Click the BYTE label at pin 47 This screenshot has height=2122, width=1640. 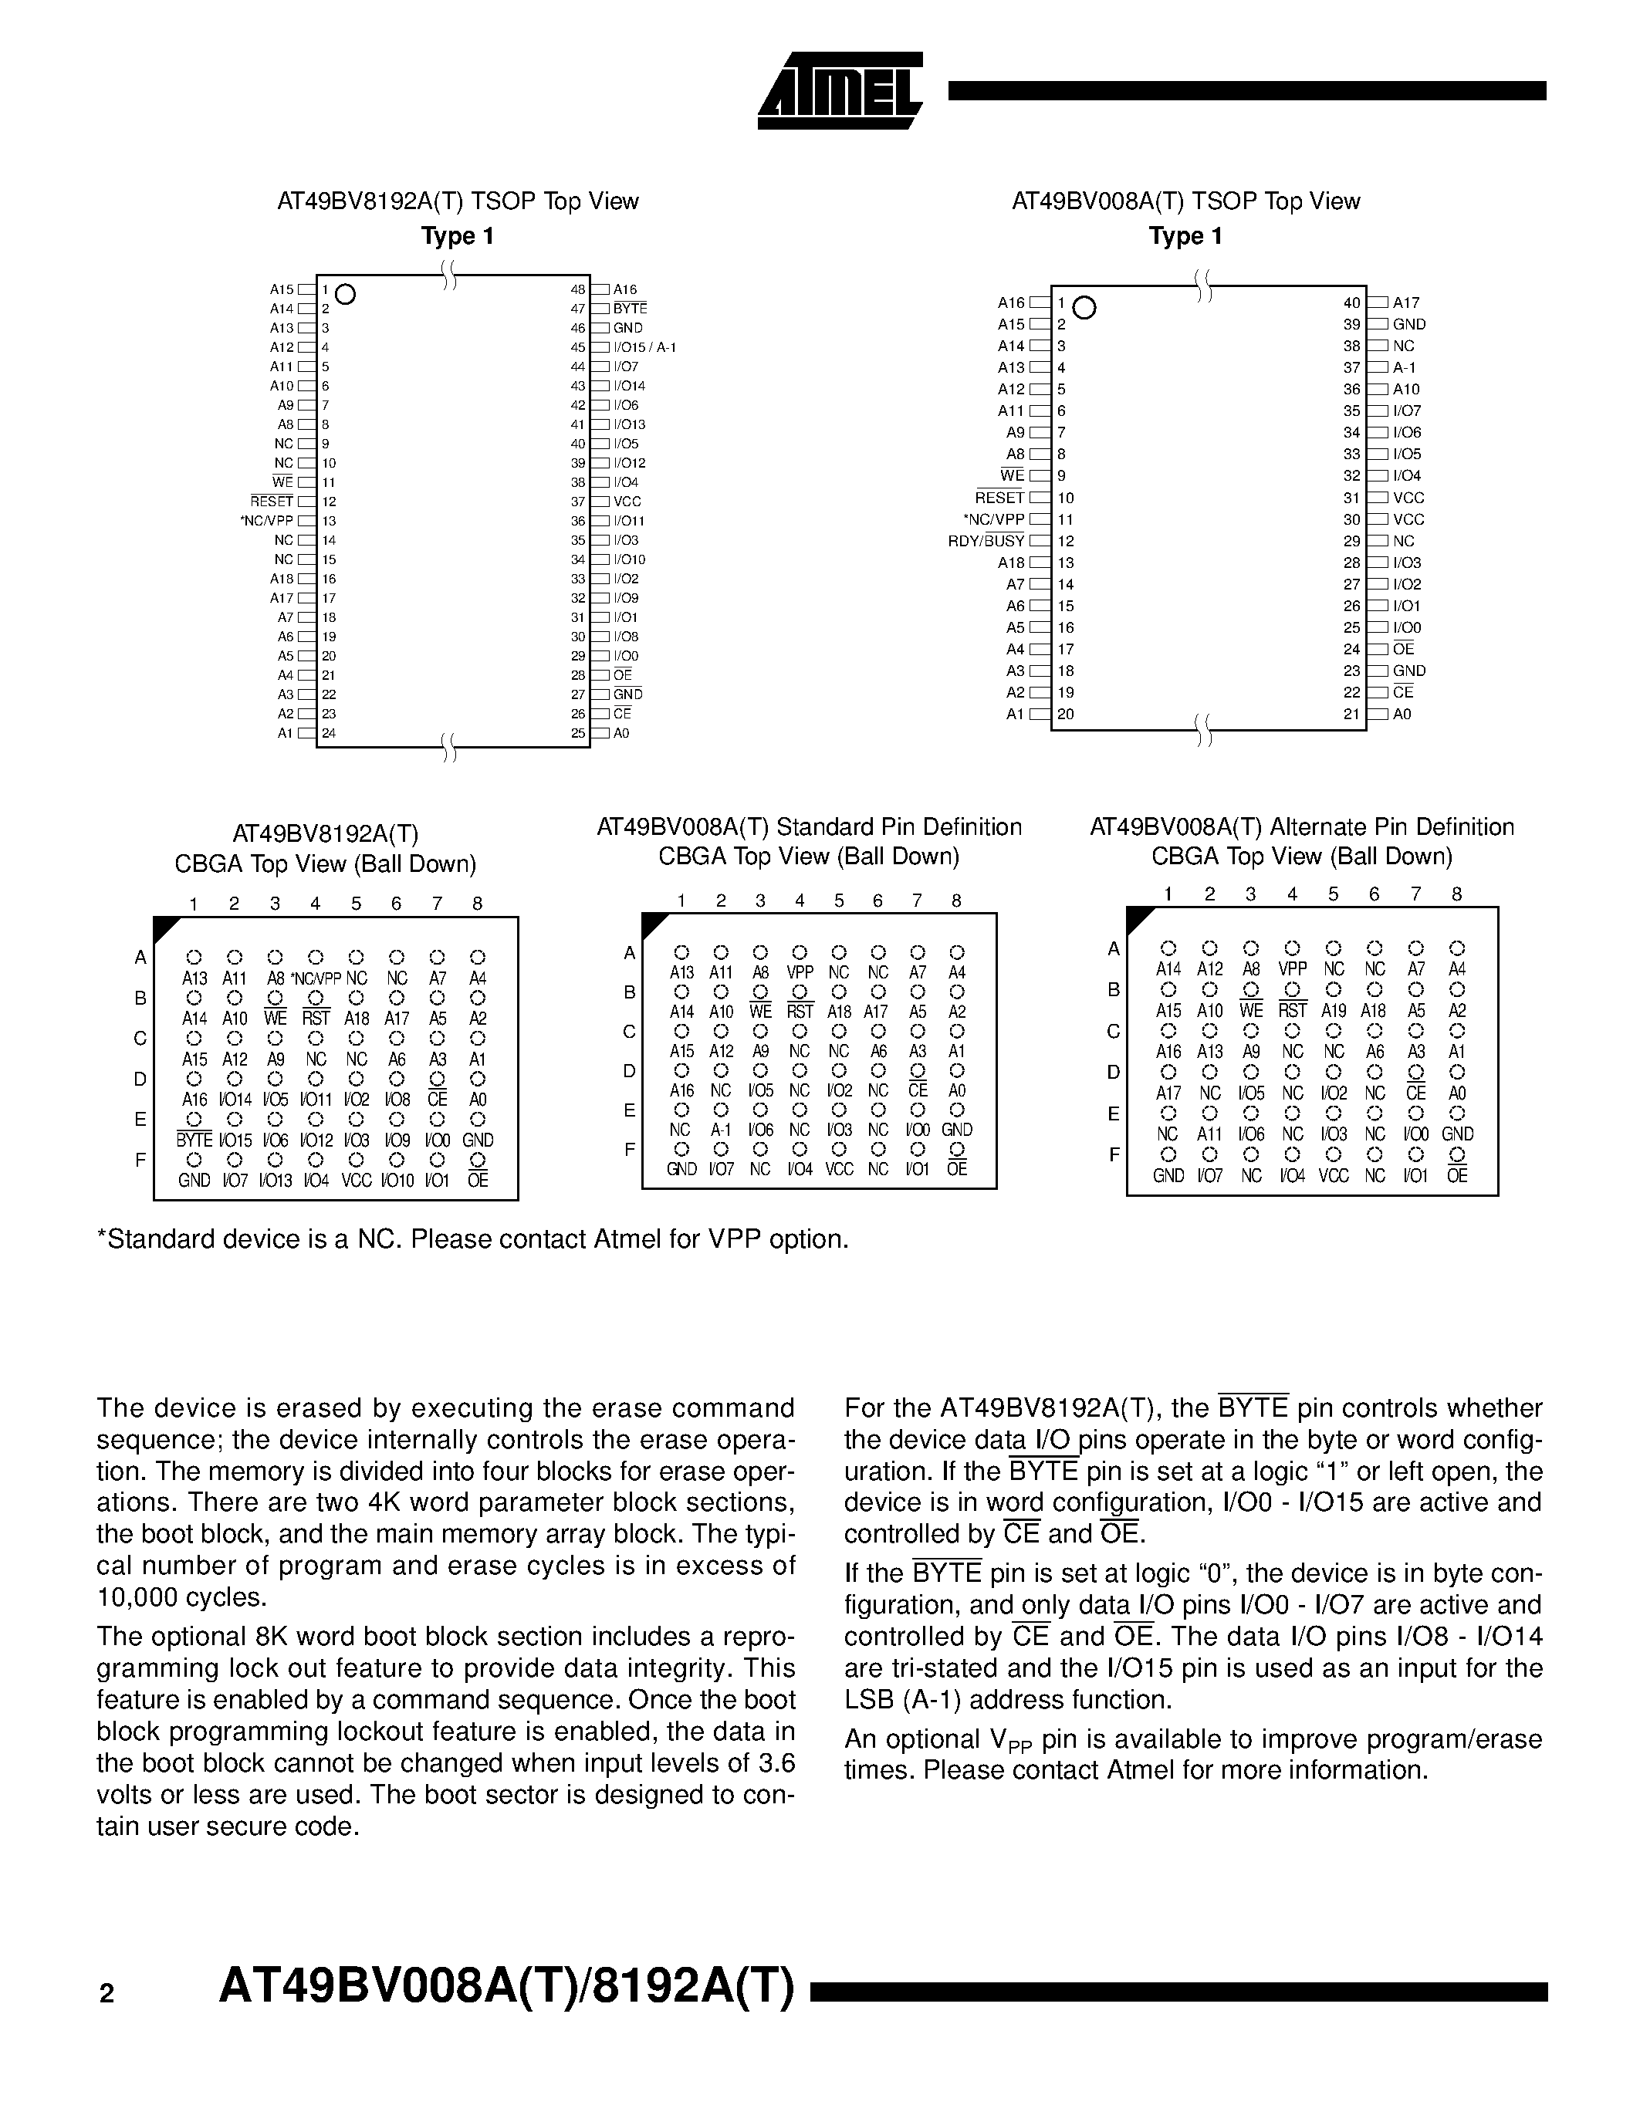pos(630,309)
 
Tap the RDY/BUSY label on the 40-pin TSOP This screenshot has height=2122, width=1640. pos(986,541)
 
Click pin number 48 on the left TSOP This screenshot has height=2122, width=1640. pos(578,289)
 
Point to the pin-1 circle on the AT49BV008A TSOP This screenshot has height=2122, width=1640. pos(1086,308)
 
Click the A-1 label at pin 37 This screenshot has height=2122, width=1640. pos(1404,368)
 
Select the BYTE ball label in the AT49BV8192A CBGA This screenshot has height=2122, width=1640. pos(194,1140)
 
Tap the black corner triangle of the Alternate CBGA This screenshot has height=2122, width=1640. pos(1138,918)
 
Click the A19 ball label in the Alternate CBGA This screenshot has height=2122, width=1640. pos(1334,1011)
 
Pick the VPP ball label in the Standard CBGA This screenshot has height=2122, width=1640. pos(800,972)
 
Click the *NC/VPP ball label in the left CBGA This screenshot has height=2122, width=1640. pos(316,979)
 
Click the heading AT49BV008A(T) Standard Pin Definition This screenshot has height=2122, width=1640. pos(808,827)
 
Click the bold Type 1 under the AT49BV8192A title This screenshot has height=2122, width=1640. pos(457,236)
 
